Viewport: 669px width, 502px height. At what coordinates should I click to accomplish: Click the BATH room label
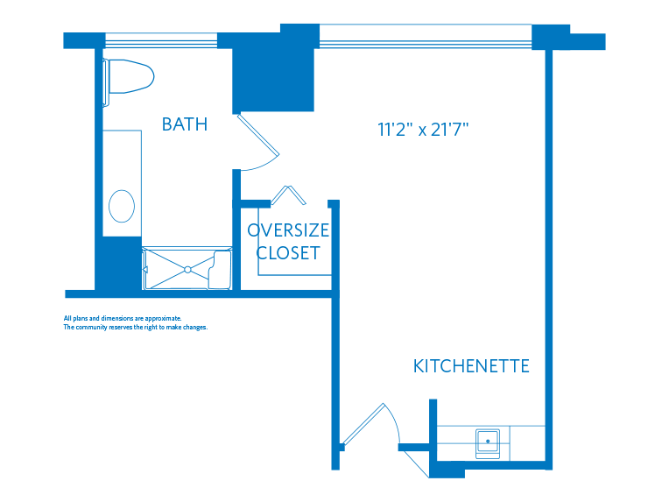click(185, 124)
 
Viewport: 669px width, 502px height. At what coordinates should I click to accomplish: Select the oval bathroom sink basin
click(122, 208)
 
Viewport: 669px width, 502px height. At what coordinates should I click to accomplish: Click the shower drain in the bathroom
click(187, 269)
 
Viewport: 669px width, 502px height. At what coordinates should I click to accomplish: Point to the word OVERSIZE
click(288, 231)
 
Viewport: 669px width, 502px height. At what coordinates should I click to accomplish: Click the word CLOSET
click(288, 254)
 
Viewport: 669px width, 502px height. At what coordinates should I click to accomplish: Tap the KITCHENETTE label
click(471, 366)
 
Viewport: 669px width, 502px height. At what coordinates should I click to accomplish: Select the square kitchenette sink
click(487, 442)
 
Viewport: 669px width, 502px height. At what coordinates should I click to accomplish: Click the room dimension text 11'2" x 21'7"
click(424, 131)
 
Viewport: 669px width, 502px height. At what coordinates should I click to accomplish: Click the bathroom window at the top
click(160, 40)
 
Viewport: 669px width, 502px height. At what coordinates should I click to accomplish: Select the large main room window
click(426, 36)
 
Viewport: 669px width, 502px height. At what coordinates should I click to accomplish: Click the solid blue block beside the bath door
click(273, 79)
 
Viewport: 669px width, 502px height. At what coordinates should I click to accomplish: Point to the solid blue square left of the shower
click(117, 264)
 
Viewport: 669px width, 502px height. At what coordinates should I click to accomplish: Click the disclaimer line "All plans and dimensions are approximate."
click(122, 318)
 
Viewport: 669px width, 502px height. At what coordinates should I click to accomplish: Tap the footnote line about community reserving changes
click(134, 328)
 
